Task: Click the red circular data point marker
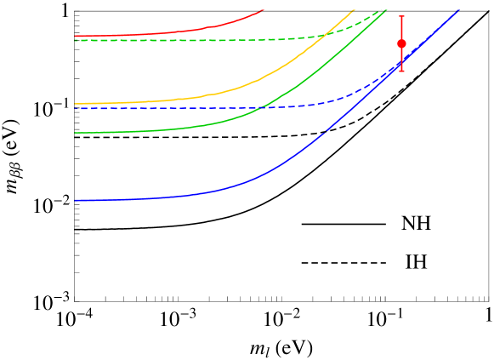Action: [401, 43]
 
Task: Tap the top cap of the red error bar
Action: [401, 16]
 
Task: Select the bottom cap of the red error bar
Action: [401, 71]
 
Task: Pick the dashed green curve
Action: [213, 39]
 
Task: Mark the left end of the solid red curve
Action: [76, 36]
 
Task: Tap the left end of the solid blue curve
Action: [76, 200]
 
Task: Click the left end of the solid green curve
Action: [76, 133]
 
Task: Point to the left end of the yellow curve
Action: [76, 104]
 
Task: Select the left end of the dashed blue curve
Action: [76, 109]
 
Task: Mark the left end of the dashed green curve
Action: [76, 40]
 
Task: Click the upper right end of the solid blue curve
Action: [459, 9]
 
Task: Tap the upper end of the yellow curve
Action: [355, 9]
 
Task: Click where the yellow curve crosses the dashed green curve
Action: [326, 35]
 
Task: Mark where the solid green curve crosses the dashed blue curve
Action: [262, 106]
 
